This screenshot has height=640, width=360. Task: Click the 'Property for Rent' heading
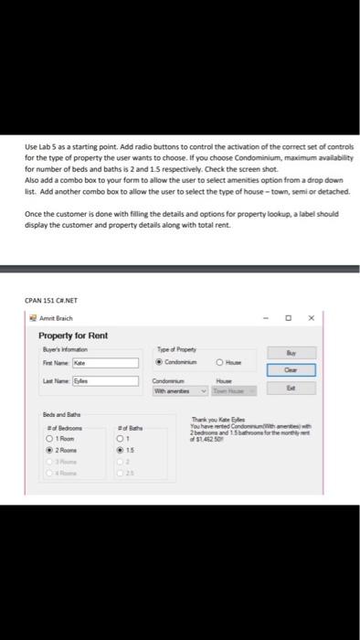tap(73, 336)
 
